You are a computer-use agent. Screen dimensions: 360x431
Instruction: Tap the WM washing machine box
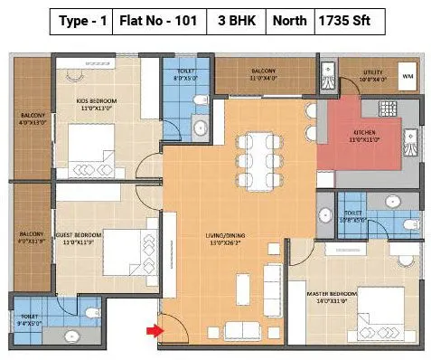click(x=408, y=78)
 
